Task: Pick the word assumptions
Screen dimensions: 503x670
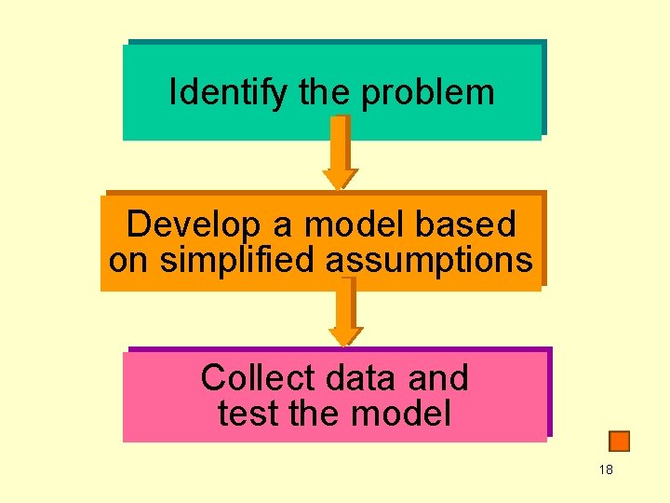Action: pyautogui.click(x=429, y=261)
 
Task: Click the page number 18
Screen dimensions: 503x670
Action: pyautogui.click(x=606, y=469)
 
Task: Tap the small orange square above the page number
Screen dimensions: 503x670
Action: pyautogui.click(x=619, y=441)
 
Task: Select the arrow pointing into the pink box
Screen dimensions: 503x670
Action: pyautogui.click(x=345, y=311)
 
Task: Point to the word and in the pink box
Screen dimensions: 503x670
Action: pyautogui.click(x=436, y=378)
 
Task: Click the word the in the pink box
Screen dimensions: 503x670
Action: pyautogui.click(x=309, y=413)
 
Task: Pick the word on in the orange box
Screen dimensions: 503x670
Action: pyautogui.click(x=128, y=261)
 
